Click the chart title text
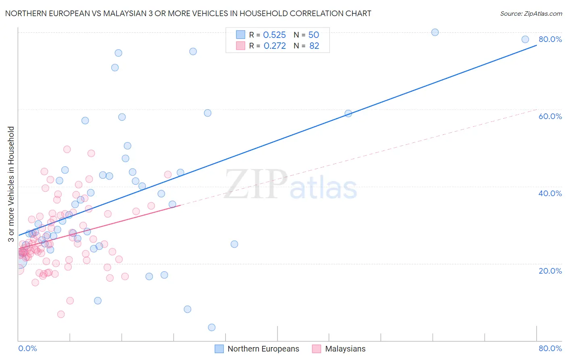point(188,13)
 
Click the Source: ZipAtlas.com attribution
point(531,13)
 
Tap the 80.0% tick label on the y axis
point(550,39)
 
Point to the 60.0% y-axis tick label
point(550,116)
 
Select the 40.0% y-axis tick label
point(550,193)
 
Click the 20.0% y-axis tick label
point(550,270)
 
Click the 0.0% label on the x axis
point(27,348)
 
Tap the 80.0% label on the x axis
point(550,348)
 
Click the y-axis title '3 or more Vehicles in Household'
point(11,184)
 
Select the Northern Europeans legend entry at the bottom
point(263,349)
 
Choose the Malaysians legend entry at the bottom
point(345,349)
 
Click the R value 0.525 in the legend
point(274,35)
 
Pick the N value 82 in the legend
point(314,46)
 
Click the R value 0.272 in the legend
point(274,46)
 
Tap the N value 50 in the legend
point(313,35)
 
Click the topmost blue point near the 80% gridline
point(435,32)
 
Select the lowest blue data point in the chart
point(212,327)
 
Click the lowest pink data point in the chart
point(61,314)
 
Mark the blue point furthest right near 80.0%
point(525,39)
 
